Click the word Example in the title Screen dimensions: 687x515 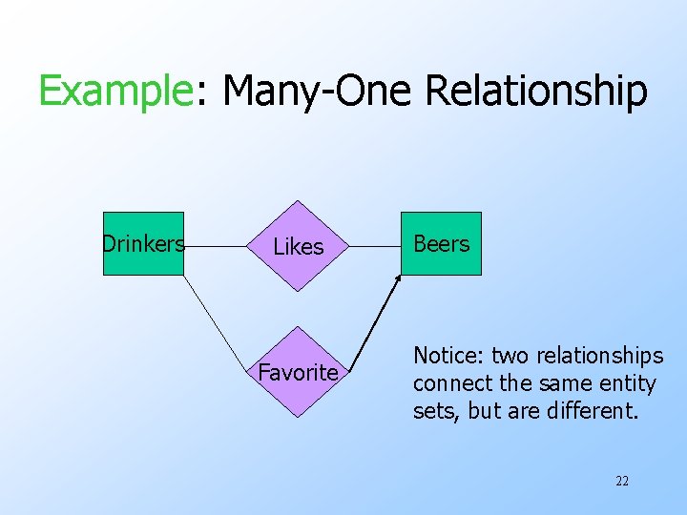point(115,93)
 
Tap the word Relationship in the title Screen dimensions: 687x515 point(536,93)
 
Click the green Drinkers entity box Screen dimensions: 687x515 point(143,244)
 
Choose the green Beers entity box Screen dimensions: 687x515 point(441,244)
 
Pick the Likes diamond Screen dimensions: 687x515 point(299,246)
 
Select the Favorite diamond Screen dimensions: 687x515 point(299,372)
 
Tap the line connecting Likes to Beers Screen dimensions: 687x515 point(374,245)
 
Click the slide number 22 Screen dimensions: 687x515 point(622,481)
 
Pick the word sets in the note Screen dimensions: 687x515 point(429,412)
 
